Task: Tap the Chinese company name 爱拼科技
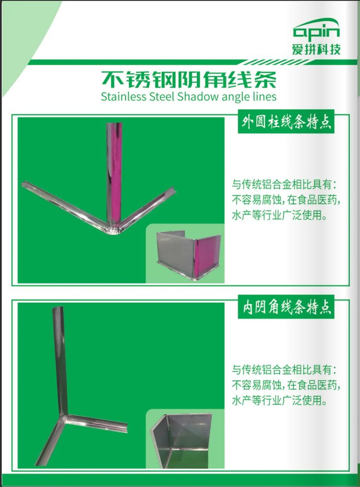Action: click(316, 49)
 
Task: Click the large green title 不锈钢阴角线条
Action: click(189, 80)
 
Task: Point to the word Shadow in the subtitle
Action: click(193, 96)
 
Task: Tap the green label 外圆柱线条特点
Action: click(286, 122)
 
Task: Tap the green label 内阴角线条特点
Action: click(286, 307)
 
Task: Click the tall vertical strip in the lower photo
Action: click(60, 360)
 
